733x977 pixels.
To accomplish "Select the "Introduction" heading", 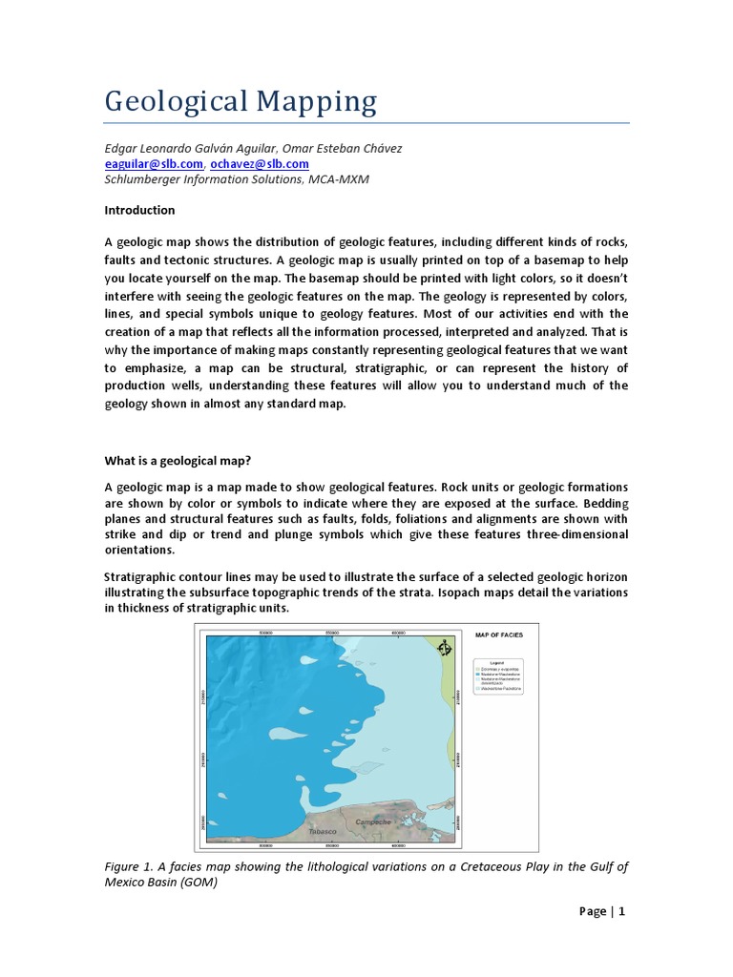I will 140,210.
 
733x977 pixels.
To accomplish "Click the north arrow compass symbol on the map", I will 442,649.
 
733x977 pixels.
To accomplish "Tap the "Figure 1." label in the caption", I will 129,866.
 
